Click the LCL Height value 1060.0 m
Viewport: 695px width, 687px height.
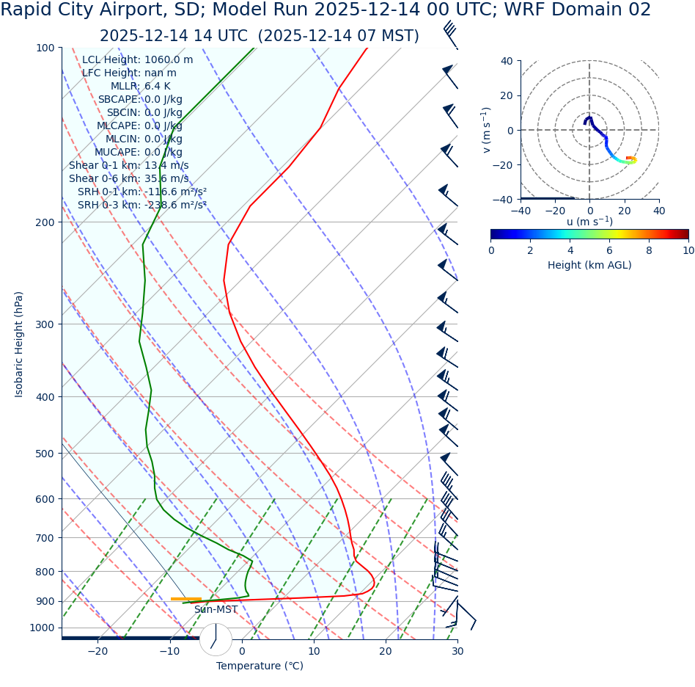point(169,60)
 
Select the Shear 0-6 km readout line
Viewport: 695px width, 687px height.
point(128,179)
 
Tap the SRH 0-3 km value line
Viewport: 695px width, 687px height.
point(142,206)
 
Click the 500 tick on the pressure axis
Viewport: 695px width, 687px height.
point(45,454)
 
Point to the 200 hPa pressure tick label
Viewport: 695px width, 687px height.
point(45,222)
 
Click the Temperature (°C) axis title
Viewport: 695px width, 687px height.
point(260,666)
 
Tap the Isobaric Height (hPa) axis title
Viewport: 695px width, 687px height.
point(19,344)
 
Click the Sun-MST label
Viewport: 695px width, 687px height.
point(216,610)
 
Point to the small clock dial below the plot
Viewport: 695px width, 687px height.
point(216,639)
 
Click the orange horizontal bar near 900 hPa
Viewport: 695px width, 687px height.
point(185,599)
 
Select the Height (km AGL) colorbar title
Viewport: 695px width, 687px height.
point(589,266)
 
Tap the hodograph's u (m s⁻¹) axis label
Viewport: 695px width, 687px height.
point(589,222)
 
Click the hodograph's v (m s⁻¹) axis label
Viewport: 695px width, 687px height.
point(486,130)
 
